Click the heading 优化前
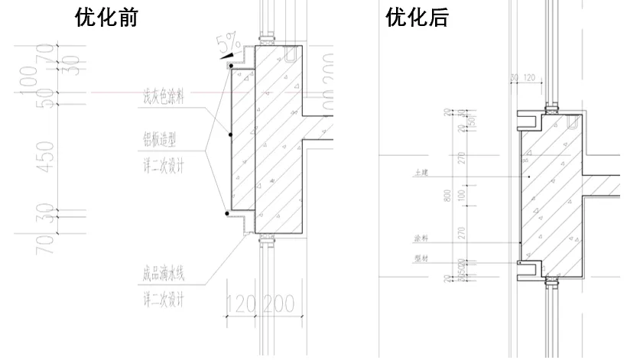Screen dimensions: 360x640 pos(106,18)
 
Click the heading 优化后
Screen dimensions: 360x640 pos(417,18)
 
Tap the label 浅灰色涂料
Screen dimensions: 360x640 pos(164,98)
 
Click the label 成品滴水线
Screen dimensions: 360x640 pos(164,272)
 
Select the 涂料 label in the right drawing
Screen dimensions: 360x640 pos(420,238)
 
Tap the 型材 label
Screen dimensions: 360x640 pos(420,258)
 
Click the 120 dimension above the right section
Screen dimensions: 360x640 pos(528,77)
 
